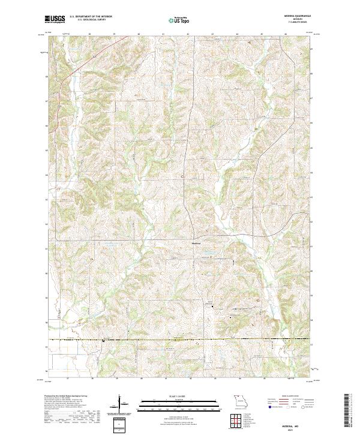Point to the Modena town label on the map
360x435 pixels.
coord(196,243)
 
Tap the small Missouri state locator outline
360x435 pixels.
coord(241,400)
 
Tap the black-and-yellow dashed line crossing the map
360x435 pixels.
coord(180,340)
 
